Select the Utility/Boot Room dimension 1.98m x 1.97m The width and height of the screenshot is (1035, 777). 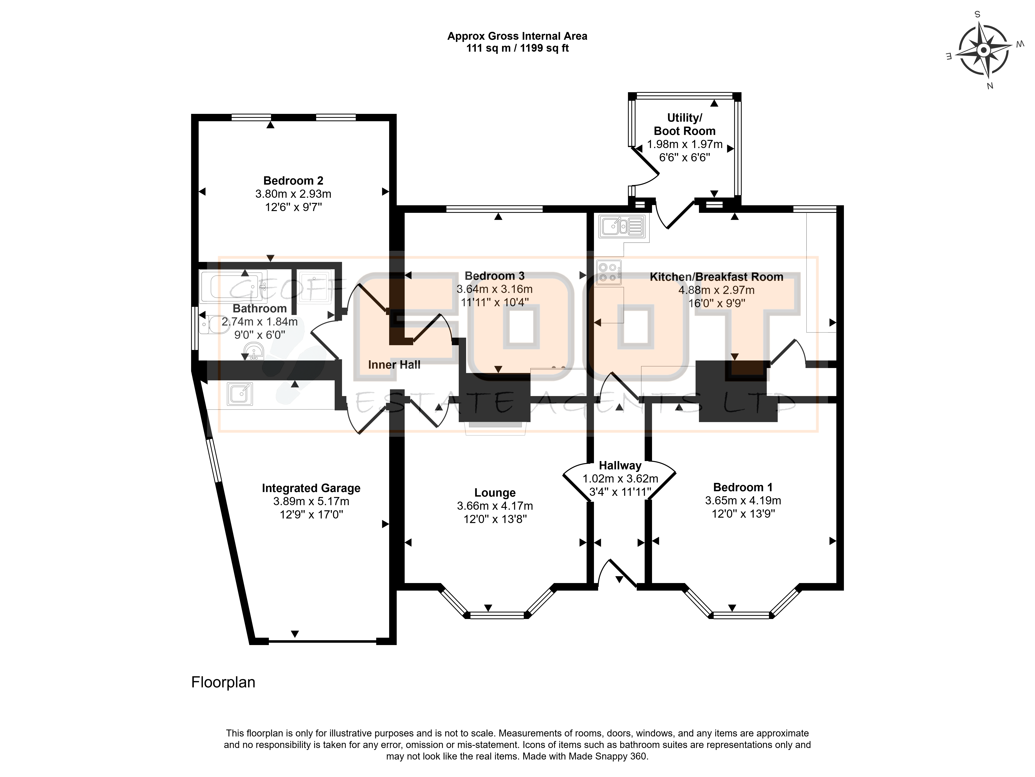tap(685, 144)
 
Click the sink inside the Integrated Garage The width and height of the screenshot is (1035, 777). tap(240, 394)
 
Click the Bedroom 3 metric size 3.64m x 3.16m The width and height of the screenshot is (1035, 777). tap(495, 289)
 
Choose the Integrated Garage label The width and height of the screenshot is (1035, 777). tap(311, 488)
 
